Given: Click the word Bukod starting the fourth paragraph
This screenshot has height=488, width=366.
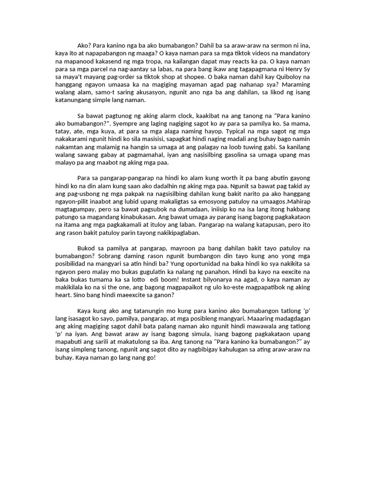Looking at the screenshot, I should (86, 248).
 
